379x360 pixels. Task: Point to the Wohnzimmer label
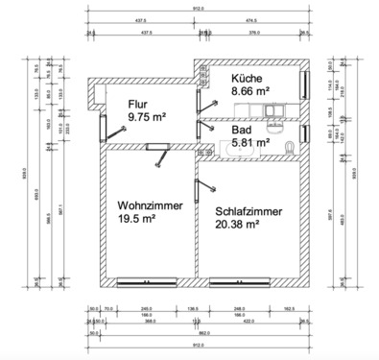pos(146,204)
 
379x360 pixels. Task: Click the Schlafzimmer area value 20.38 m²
pos(232,226)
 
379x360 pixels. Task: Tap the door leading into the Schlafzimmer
pos(199,186)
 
